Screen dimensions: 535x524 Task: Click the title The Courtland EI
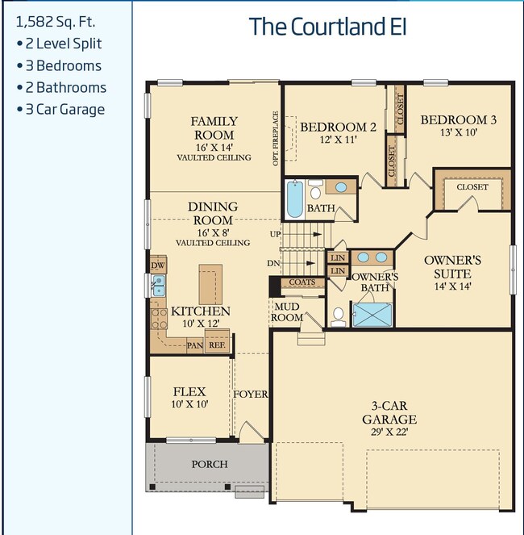tap(327, 27)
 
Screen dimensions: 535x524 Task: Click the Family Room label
tap(214, 128)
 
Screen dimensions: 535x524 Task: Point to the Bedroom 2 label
tap(338, 127)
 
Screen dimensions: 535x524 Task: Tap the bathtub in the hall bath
tap(295, 199)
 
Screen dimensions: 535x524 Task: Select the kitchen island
tap(211, 284)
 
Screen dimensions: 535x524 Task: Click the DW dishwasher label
tap(158, 265)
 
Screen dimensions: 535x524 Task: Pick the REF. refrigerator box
tap(217, 345)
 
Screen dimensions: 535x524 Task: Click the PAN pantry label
tap(195, 345)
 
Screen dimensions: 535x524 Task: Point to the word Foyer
tap(250, 395)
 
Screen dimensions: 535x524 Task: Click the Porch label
tap(209, 464)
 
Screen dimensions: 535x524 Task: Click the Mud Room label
tap(287, 312)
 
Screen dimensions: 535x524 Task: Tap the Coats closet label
tap(302, 282)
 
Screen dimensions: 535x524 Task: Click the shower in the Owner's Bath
tap(372, 314)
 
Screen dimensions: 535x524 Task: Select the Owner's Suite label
tap(452, 267)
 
